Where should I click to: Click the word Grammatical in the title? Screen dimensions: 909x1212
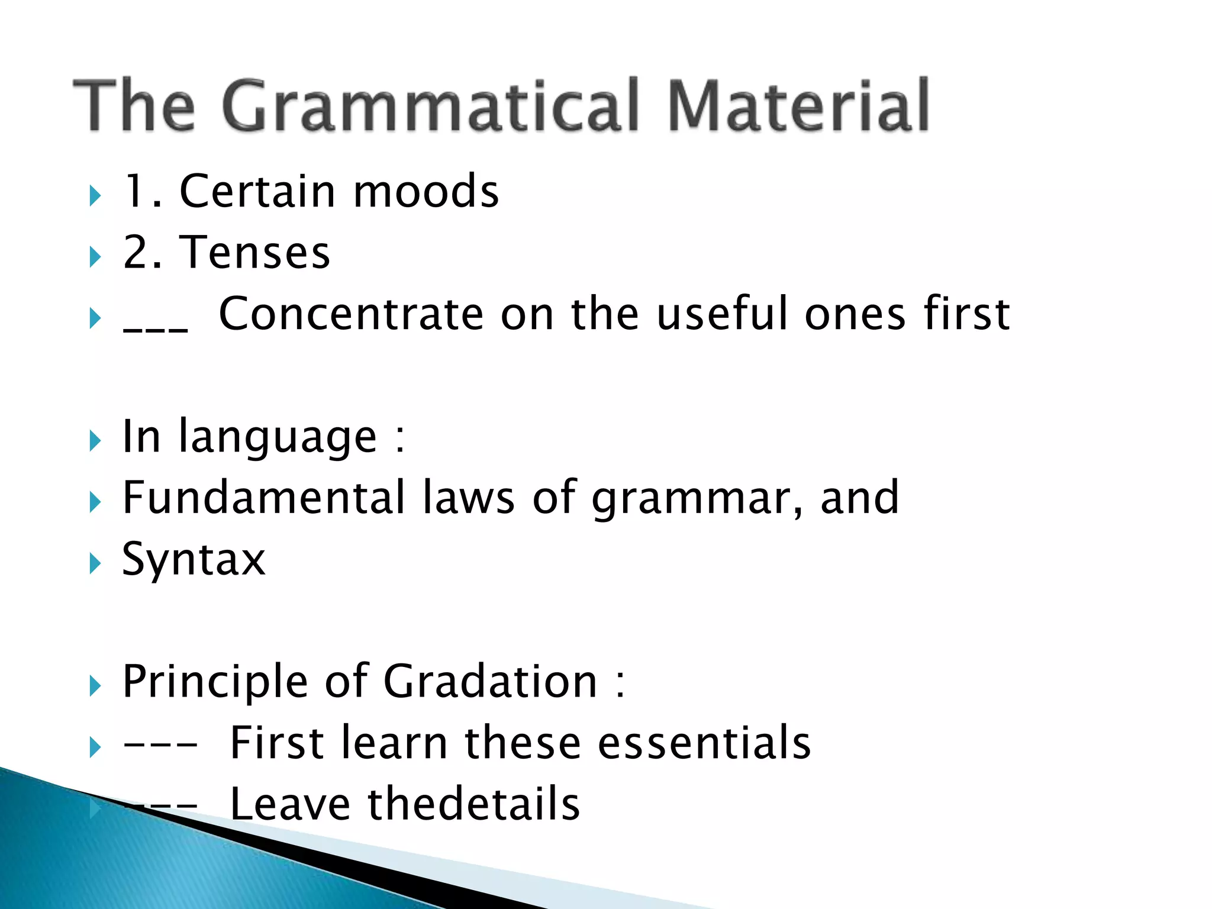430,107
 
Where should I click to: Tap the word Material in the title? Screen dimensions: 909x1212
798,107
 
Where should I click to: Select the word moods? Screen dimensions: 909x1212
426,192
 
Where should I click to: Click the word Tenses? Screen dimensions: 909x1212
255,253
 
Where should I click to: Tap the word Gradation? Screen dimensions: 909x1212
491,681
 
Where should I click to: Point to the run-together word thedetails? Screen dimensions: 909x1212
473,804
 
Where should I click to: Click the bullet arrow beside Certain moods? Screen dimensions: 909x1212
95,195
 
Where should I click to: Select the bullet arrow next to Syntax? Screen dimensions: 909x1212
95,563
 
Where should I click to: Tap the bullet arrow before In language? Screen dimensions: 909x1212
95,441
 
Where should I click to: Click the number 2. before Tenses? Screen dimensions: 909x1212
142,253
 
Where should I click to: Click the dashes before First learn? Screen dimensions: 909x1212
160,744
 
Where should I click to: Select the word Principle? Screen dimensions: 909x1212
215,682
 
